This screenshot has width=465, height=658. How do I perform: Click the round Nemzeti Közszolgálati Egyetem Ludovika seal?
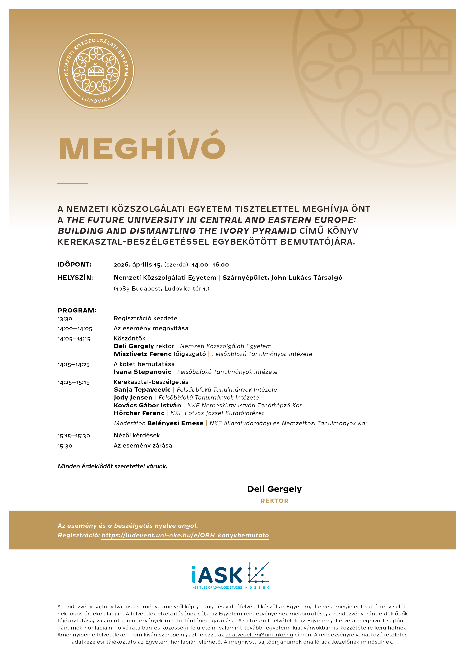click(x=96, y=71)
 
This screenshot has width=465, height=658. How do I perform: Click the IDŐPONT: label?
click(x=74, y=264)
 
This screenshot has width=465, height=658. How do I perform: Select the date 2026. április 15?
click(x=138, y=264)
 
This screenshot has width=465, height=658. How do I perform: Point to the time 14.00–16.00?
click(x=210, y=264)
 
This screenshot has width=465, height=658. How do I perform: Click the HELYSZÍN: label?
click(x=75, y=277)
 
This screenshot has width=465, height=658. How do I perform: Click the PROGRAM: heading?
click(x=77, y=310)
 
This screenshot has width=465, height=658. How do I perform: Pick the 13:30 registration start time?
click(x=65, y=319)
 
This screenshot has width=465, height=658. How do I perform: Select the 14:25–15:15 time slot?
click(x=73, y=382)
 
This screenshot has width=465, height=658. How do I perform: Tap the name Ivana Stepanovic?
click(x=142, y=372)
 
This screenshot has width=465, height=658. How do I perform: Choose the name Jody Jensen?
click(x=133, y=397)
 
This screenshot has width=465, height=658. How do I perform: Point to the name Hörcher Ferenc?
click(x=139, y=413)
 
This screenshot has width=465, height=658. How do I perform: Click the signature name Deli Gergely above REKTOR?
click(x=274, y=489)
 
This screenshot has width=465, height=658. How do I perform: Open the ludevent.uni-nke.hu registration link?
click(x=185, y=535)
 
